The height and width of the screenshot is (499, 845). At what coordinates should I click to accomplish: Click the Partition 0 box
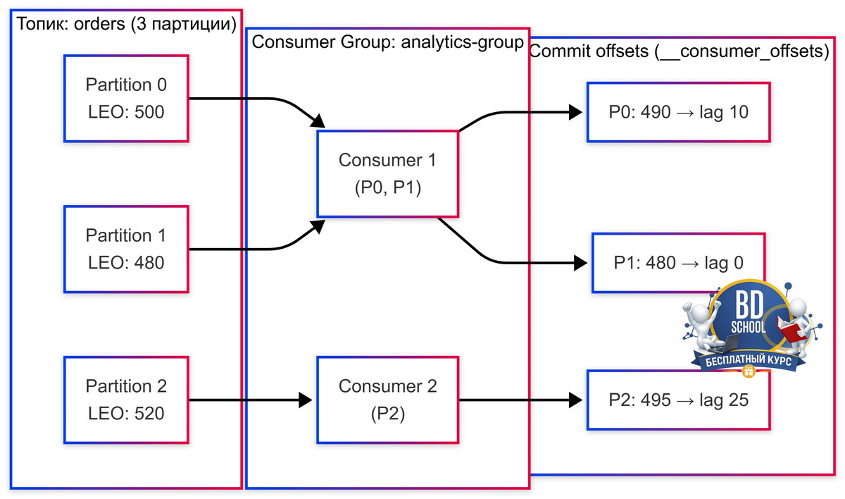[x=126, y=99]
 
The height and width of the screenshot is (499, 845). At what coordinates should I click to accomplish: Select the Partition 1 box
[x=126, y=249]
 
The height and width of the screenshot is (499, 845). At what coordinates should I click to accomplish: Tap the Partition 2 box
[x=126, y=400]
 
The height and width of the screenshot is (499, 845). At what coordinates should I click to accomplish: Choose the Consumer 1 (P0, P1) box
[x=388, y=174]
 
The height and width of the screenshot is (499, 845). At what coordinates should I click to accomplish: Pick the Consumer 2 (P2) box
[x=388, y=400]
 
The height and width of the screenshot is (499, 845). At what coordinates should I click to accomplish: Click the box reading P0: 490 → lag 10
[x=678, y=112]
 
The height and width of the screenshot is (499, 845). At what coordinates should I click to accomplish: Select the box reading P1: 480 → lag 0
[x=678, y=263]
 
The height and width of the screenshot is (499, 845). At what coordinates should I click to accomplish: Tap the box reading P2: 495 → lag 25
[x=678, y=400]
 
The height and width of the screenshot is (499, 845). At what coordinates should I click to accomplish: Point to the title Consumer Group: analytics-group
[x=388, y=42]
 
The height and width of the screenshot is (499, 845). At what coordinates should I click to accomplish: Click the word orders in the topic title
[x=99, y=24]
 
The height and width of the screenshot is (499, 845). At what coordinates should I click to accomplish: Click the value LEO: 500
[x=126, y=112]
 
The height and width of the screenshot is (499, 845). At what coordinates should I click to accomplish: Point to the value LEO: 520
[x=126, y=413]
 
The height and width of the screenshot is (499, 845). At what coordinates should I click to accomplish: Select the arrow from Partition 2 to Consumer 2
[x=251, y=400]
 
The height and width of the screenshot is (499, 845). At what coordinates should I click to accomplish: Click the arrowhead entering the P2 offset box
[x=575, y=400]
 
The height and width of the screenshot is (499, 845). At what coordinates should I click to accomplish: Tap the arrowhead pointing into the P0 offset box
[x=575, y=112]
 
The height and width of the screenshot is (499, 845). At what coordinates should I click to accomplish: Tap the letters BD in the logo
[x=749, y=305]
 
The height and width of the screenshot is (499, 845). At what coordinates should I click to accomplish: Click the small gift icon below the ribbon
[x=749, y=372]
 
